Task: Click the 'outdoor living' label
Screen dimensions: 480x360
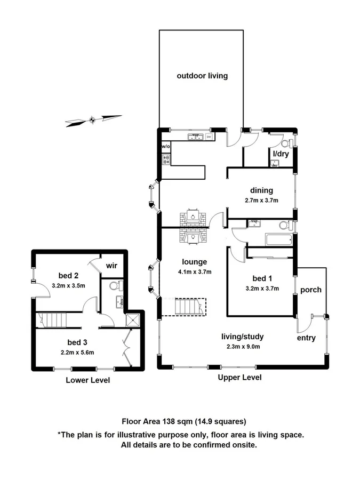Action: (202, 76)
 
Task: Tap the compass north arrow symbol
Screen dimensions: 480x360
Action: (93, 120)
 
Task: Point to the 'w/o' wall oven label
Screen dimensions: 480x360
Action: (165, 146)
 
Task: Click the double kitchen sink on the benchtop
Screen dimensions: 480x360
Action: (196, 137)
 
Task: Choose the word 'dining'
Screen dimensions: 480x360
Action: (261, 190)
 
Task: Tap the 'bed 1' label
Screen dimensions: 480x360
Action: (261, 278)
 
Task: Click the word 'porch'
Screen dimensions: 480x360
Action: (311, 290)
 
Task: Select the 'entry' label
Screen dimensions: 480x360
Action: (307, 338)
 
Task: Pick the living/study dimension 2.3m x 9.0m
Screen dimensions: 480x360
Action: (243, 346)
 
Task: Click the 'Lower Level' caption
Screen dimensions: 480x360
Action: (87, 380)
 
